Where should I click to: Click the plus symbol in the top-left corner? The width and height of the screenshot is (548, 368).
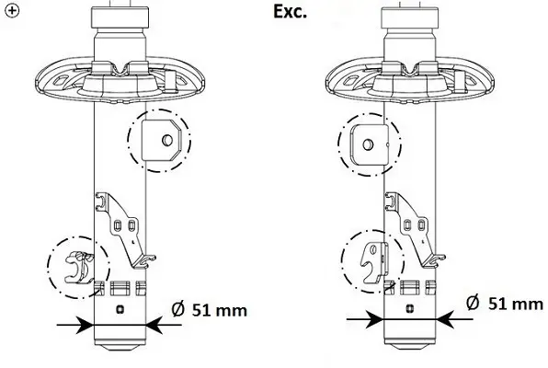click(x=12, y=11)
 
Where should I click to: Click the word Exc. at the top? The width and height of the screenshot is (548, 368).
click(x=290, y=12)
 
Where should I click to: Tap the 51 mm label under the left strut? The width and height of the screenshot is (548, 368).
click(x=220, y=310)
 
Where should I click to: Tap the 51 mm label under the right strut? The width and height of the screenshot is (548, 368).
click(x=516, y=304)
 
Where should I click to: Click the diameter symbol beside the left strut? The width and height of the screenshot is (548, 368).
click(x=178, y=310)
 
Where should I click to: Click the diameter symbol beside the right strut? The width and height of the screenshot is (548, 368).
click(x=474, y=303)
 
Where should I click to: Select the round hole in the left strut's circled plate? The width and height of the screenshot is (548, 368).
click(x=167, y=140)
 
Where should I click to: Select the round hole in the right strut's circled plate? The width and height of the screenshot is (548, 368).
click(x=368, y=144)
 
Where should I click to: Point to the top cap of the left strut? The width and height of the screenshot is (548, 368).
click(x=120, y=17)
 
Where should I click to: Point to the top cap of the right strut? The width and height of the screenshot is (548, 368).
click(x=410, y=17)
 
